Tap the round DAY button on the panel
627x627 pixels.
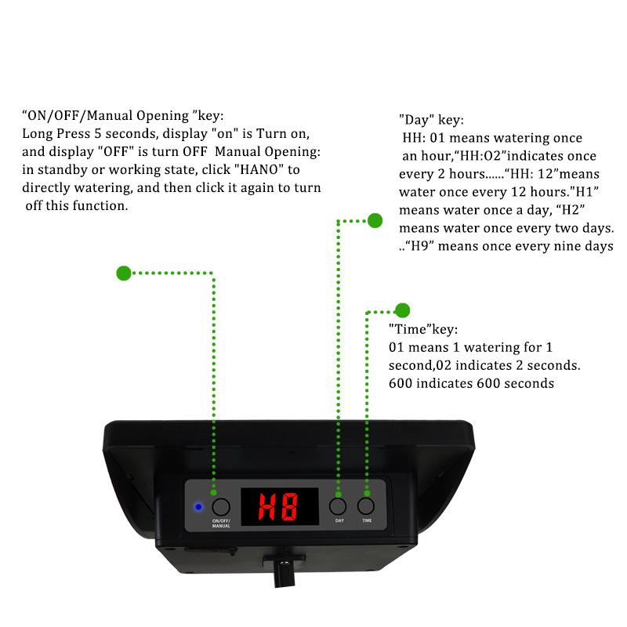(339, 506)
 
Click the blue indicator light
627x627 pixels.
(199, 506)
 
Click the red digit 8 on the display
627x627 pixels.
(290, 508)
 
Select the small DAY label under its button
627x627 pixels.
(339, 520)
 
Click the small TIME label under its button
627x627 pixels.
(367, 520)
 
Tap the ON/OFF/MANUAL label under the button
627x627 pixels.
(221, 523)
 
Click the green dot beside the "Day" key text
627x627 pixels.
(375, 221)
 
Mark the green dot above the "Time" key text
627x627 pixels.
(403, 310)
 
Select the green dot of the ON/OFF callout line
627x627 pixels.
(123, 273)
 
